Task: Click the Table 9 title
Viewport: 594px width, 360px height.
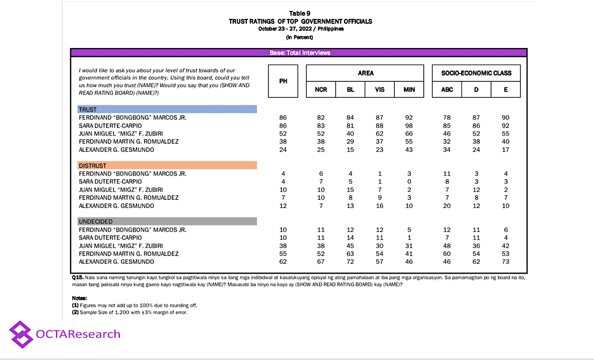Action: coord(300,13)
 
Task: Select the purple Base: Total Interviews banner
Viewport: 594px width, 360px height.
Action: coord(300,53)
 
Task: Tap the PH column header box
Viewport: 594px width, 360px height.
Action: coord(283,81)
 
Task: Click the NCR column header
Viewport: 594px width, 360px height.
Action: coord(321,90)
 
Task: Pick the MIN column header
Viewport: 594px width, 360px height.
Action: coord(409,90)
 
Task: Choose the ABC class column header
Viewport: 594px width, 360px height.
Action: coord(447,90)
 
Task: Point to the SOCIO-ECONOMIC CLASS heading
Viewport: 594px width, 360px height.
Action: coord(476,73)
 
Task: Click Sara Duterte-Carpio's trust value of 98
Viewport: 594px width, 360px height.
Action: coord(409,125)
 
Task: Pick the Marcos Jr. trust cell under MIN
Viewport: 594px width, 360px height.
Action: coord(409,117)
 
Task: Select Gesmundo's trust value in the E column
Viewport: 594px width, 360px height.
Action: coord(505,150)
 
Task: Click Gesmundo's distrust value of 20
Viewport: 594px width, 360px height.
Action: coord(447,206)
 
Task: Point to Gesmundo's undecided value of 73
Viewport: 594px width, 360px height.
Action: coord(505,261)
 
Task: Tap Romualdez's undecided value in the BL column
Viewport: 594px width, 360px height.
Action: coord(350,253)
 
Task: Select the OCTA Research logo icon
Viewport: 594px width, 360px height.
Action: coord(21,334)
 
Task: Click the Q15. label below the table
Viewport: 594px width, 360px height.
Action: coord(78,277)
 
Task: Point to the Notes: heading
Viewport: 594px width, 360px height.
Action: coord(80,298)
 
